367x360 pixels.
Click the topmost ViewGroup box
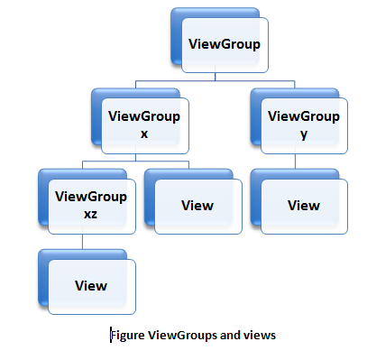coord(224,43)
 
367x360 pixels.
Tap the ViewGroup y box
coord(304,124)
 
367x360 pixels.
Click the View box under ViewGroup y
coord(304,205)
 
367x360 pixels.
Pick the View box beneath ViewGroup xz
coord(91,286)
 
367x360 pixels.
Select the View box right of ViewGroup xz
coord(197,205)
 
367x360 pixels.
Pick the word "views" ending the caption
coord(259,335)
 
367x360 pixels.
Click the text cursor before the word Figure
coord(111,335)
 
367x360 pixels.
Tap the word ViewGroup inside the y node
coord(304,115)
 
